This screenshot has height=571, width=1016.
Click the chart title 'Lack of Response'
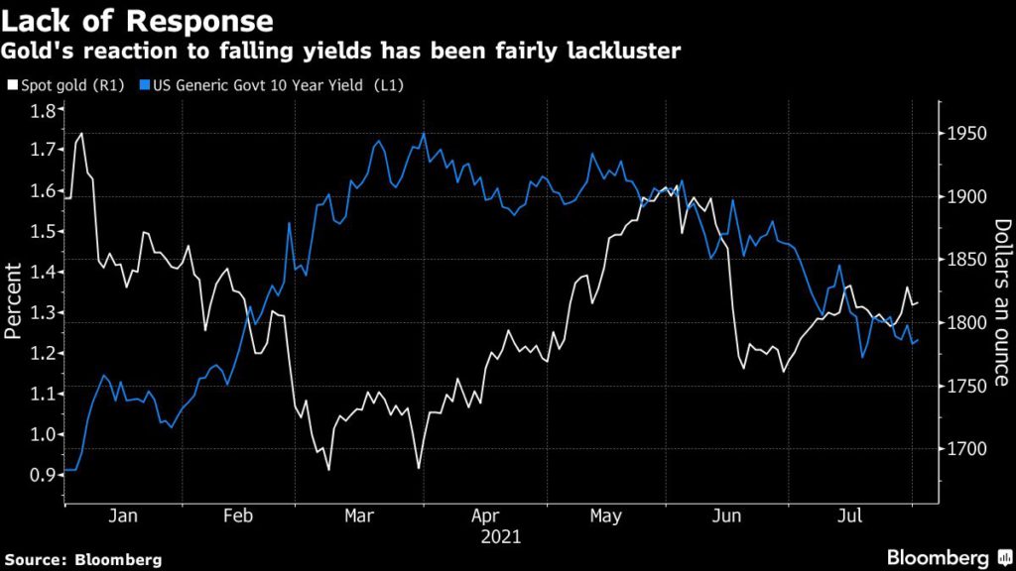(138, 20)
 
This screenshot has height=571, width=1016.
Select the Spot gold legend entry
(63, 85)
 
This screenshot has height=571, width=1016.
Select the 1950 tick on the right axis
(965, 134)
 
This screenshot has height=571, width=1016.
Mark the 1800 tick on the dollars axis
(965, 323)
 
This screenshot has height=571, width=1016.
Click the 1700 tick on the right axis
(965, 449)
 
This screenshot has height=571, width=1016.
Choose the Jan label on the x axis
(122, 516)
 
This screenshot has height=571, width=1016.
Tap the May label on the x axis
(605, 516)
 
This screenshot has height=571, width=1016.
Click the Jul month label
(848, 516)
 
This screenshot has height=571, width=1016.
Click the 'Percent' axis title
(14, 300)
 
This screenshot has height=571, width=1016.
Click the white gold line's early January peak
(81, 133)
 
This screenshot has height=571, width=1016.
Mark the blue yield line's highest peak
(424, 133)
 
